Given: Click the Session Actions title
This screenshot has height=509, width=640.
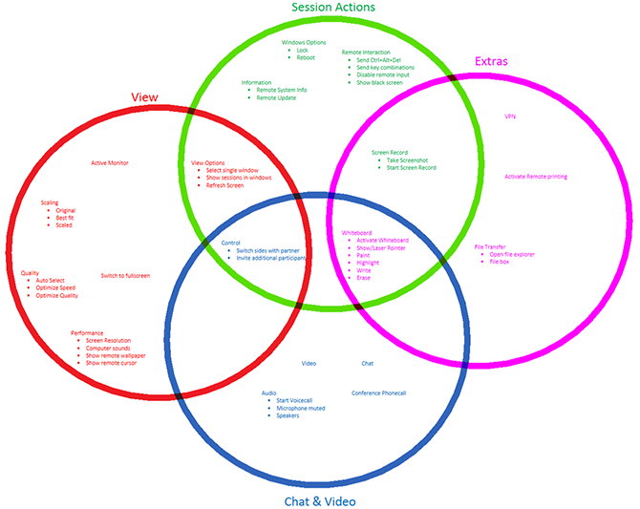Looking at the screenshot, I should tap(332, 8).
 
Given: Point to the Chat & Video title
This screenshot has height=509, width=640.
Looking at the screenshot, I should tap(320, 500).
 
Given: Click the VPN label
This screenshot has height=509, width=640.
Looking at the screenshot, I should tap(509, 116).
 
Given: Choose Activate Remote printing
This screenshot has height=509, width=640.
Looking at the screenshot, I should tap(536, 177).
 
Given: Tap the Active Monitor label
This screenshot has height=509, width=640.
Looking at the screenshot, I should tap(110, 162).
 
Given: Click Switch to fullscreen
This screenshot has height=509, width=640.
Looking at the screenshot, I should tap(125, 276).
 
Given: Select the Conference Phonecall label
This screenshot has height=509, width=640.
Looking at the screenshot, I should tap(378, 393).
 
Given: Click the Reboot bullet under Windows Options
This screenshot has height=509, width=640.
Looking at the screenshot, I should tap(306, 57).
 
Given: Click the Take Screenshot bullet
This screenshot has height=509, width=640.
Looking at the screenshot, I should tap(408, 159).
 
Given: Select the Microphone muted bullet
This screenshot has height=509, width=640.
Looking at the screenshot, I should tap(301, 408).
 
